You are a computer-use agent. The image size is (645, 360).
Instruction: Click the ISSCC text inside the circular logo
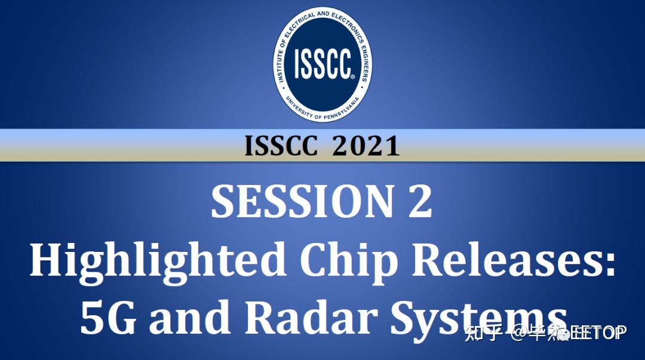[x=321, y=63]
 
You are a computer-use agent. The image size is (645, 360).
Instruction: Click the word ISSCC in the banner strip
[x=280, y=146]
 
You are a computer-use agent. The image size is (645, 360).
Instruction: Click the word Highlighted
[x=158, y=261]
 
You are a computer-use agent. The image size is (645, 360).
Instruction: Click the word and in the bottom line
[x=191, y=318]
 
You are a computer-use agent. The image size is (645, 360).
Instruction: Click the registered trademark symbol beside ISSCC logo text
[x=352, y=77]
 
